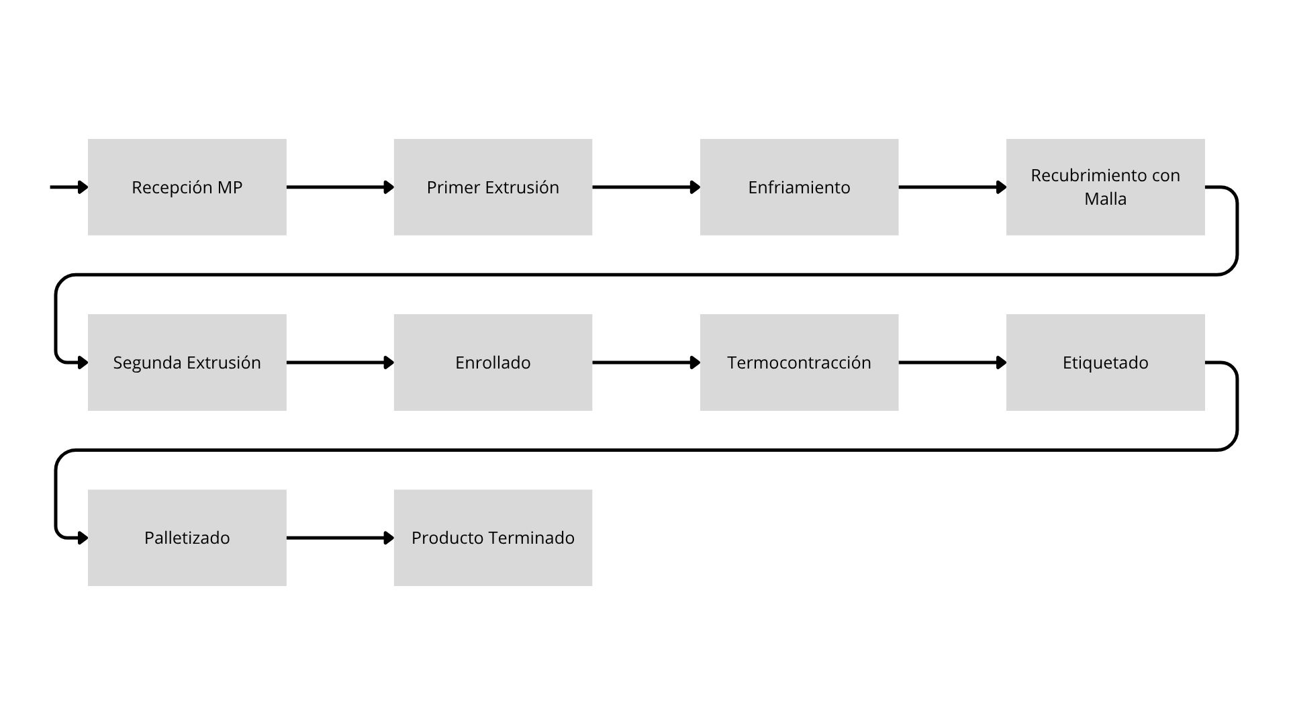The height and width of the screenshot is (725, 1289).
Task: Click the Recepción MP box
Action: [x=187, y=187]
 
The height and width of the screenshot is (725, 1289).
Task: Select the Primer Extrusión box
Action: [x=493, y=187]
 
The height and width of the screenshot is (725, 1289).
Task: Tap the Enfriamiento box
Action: [x=799, y=187]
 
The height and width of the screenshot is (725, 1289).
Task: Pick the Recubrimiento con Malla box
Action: [x=1105, y=187]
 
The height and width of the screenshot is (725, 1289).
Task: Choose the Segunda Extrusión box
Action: [x=187, y=362]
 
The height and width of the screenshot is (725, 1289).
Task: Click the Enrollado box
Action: [x=493, y=362]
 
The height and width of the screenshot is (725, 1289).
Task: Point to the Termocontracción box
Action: [x=799, y=362]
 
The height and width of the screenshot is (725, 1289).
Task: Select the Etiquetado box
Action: [x=1105, y=362]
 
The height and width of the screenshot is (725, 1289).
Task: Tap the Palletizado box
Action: [x=187, y=538]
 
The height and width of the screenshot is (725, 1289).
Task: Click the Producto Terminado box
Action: [x=493, y=538]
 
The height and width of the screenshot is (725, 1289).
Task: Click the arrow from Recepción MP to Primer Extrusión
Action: [x=340, y=187]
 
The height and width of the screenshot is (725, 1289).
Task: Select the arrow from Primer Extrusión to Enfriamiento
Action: [x=647, y=187]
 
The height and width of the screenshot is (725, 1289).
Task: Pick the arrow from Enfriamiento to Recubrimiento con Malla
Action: [x=953, y=187]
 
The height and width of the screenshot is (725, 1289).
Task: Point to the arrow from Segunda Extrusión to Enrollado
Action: [x=340, y=362]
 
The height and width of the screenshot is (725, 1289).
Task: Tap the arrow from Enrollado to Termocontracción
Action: [x=647, y=362]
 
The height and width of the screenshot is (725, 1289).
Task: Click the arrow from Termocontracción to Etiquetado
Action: [x=953, y=362]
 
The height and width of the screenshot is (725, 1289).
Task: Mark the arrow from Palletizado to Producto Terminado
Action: [x=340, y=538]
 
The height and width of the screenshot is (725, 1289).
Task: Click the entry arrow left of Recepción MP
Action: [x=69, y=187]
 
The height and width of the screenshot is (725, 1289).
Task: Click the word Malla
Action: [x=1105, y=199]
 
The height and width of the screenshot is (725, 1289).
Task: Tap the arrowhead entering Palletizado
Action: [x=83, y=538]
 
